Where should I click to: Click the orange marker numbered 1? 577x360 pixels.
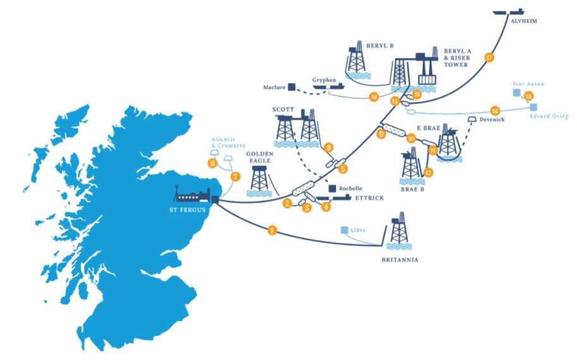[x=272, y=231]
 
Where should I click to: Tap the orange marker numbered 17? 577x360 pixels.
[x=489, y=57]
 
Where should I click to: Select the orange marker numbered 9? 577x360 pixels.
[x=381, y=134]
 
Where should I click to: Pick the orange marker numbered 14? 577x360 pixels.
[x=374, y=97]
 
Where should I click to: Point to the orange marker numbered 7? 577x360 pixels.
[x=236, y=177]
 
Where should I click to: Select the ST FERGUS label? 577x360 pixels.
[x=190, y=211]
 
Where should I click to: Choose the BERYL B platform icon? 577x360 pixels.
[x=358, y=60]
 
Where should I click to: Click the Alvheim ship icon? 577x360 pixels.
[x=510, y=11]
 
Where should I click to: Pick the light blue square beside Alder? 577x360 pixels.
[x=344, y=231]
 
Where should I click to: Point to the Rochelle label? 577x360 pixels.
[x=351, y=188]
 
